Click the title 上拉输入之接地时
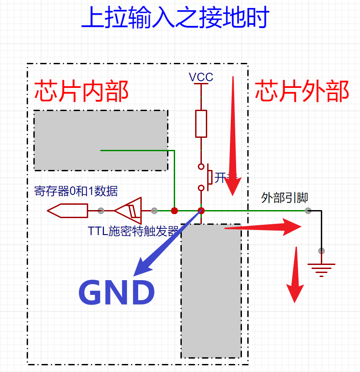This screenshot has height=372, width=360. pyautogui.click(x=175, y=18)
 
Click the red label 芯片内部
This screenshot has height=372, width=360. pyautogui.click(x=82, y=91)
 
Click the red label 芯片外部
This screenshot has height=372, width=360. pyautogui.click(x=302, y=91)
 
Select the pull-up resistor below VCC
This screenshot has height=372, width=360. pyautogui.click(x=201, y=124)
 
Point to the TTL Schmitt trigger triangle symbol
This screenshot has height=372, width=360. pyautogui.click(x=129, y=211)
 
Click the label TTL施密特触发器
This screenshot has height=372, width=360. pyautogui.click(x=133, y=231)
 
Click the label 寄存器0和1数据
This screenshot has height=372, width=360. pyautogui.click(x=76, y=191)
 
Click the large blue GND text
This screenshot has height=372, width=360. pyautogui.click(x=116, y=293)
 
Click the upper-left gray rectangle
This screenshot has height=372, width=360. pyautogui.click(x=101, y=140)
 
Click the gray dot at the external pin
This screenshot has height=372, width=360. pyautogui.click(x=308, y=211)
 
